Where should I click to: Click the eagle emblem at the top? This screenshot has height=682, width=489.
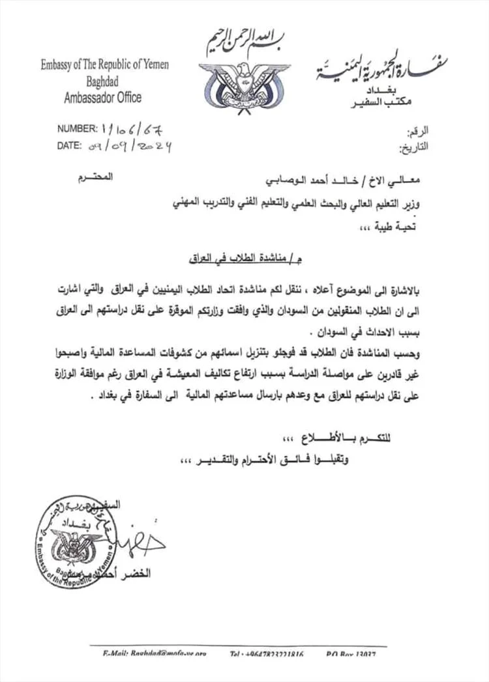pos(244,85)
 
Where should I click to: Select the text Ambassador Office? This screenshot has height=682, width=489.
pos(103,98)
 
